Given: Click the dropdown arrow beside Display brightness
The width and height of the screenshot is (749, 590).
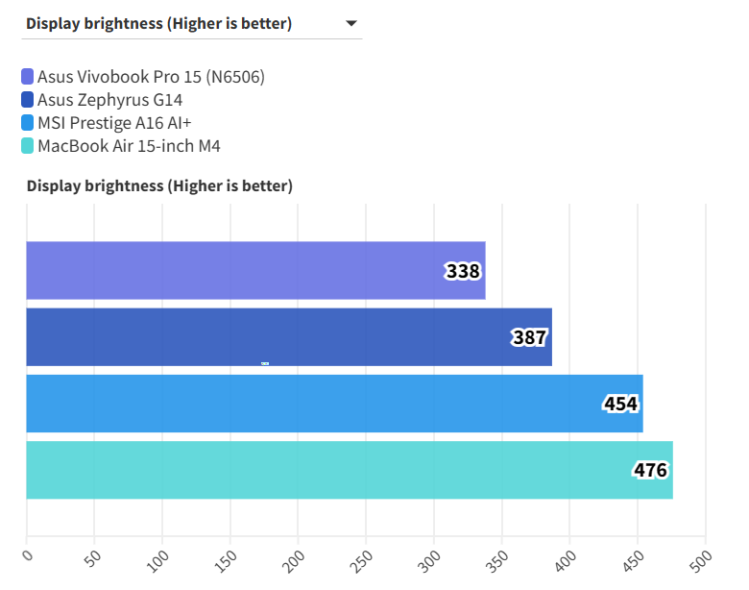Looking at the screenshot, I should point(350,23).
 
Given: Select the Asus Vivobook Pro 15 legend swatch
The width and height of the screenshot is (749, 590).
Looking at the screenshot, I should point(27,77).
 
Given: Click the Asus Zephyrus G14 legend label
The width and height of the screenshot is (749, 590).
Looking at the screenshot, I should point(109,100).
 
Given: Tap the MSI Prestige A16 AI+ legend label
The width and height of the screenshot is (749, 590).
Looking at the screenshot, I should point(114,123).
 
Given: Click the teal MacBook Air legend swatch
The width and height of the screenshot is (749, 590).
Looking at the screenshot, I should point(27,146).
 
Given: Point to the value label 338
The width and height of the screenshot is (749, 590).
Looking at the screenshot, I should point(463,272).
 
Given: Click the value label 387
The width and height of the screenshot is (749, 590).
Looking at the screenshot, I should point(529,338).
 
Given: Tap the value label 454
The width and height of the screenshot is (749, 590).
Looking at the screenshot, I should point(620,405).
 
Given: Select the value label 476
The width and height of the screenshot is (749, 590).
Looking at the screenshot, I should point(650,471).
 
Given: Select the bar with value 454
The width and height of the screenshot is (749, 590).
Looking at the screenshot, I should point(307,404).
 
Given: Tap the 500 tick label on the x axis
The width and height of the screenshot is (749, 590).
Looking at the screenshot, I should point(701,558).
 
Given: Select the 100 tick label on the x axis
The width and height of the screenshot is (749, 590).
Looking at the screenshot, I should point(157,558).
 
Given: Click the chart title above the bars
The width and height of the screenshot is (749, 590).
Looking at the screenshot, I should point(159,185).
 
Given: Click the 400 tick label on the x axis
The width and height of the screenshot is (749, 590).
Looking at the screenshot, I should point(565,558).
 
